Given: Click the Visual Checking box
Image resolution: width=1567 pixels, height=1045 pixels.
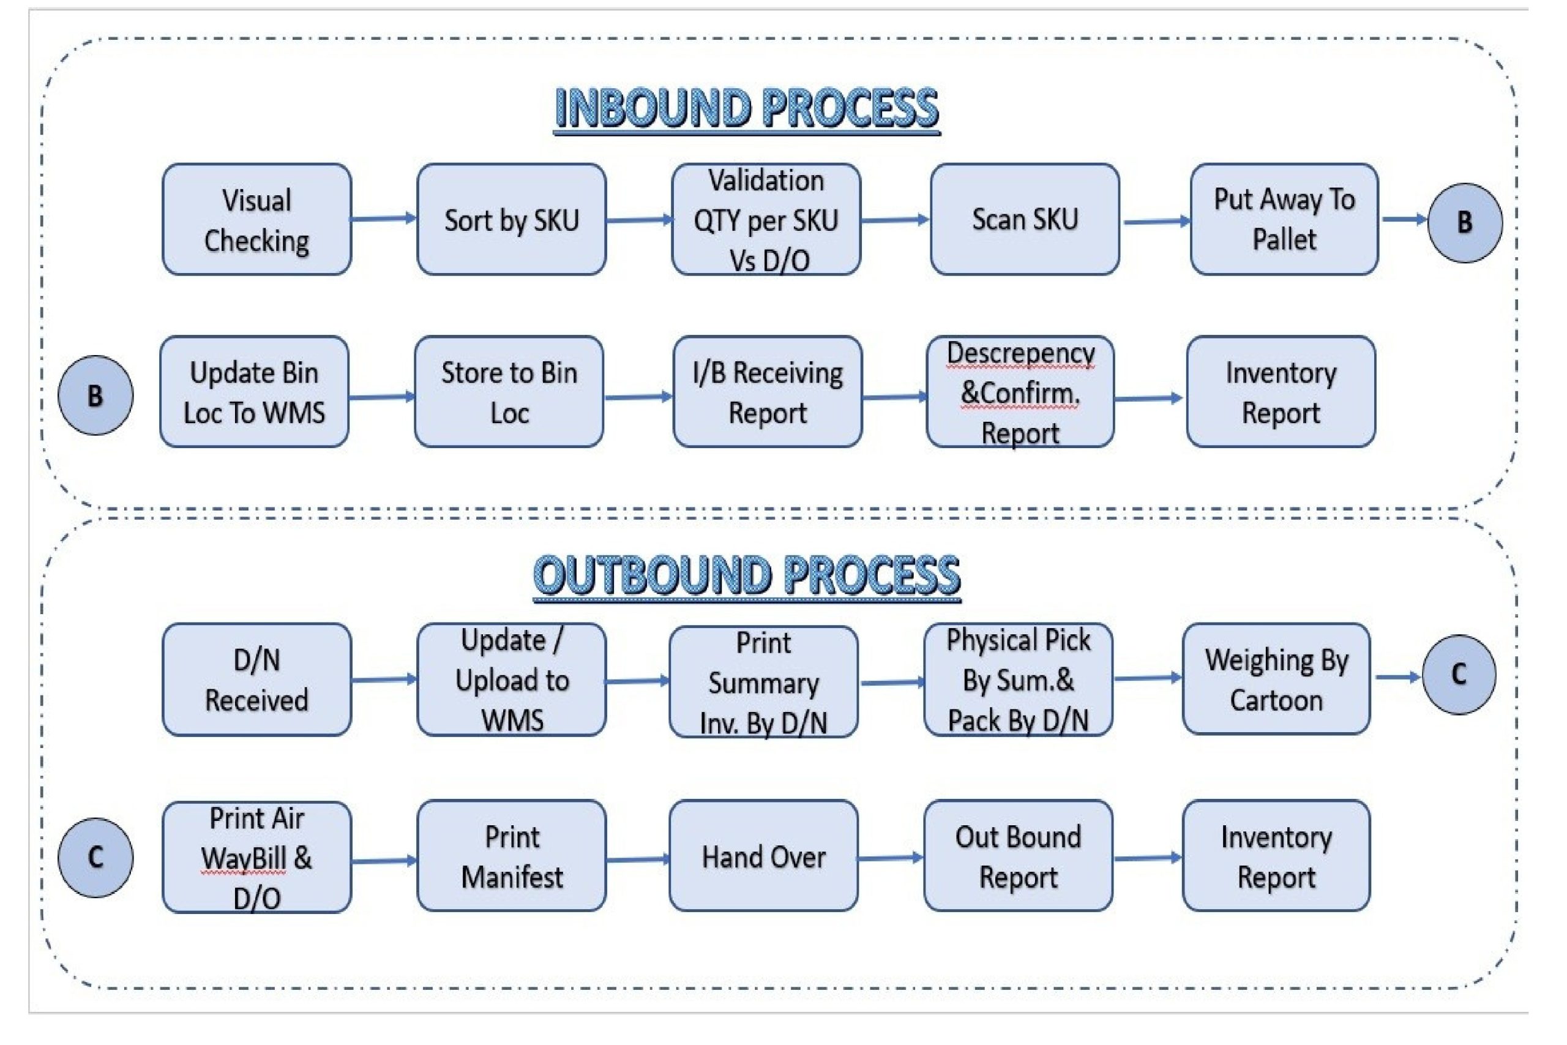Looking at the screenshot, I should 256,219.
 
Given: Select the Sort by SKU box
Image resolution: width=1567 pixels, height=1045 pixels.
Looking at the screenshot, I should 511,219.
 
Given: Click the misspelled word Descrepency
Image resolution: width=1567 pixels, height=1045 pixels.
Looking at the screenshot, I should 1020,353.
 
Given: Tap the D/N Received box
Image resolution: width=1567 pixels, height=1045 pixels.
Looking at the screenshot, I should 256,680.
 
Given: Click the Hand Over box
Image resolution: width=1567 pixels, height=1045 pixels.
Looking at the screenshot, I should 763,856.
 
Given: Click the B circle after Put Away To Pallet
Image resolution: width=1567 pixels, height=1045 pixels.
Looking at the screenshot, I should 1464,223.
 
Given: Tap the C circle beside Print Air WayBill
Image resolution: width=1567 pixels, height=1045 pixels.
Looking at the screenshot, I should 95,858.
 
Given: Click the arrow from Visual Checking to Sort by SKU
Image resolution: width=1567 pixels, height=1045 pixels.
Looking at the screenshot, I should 383,219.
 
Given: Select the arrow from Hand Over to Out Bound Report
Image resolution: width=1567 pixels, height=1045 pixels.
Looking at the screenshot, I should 890,858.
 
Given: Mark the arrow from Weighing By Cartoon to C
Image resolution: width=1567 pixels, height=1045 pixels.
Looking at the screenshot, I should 1396,678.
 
